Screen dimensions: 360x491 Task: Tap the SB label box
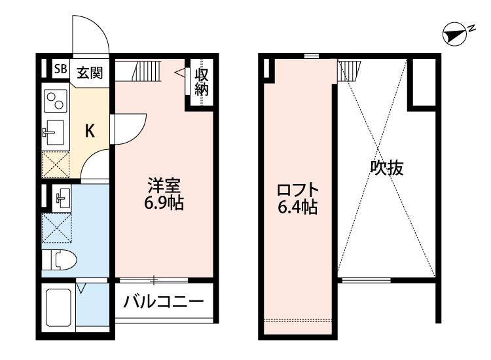pos(60,69)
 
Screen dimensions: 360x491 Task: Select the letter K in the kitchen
pos(90,131)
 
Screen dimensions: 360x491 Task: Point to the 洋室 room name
pos(164,185)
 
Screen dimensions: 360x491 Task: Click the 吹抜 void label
pos(387,169)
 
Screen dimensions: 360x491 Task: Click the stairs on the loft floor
pos(349,69)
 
